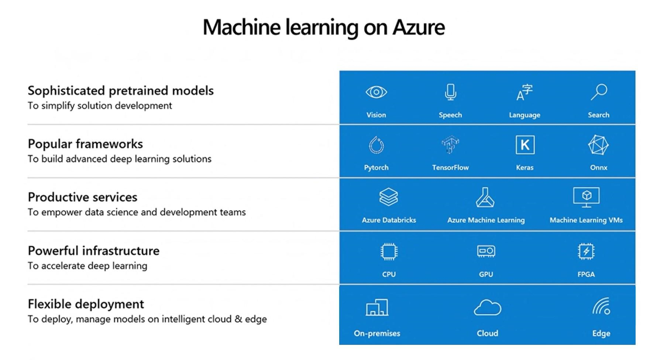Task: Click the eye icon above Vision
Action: [376, 92]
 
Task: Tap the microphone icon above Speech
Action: [450, 92]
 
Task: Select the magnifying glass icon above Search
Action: [599, 92]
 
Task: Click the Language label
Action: [524, 115]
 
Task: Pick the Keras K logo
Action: [525, 145]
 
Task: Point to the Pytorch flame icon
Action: [376, 145]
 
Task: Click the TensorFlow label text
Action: [450, 168]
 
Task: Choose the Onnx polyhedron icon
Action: [598, 145]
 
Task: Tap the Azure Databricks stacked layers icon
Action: [389, 197]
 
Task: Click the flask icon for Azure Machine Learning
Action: [485, 197]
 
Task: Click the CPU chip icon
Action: [389, 252]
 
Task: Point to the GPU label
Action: [486, 274]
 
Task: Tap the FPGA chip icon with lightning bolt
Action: [586, 251]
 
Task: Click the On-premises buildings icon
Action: [377, 307]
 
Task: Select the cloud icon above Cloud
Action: [487, 308]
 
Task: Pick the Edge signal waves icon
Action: [601, 306]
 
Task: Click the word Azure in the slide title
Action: [419, 27]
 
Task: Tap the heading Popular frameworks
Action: [85, 144]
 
